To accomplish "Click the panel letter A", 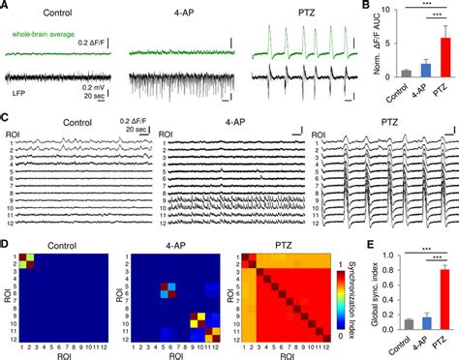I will pos(6,6).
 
